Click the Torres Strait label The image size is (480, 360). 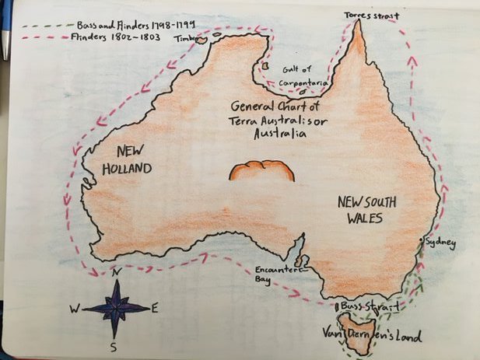point(372,15)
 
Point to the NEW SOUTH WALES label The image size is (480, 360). point(368,210)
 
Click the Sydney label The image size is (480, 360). point(440,243)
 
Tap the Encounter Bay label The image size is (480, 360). point(272,275)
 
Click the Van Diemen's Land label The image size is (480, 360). point(373,337)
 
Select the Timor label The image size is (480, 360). point(185,37)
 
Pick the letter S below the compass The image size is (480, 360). point(114,346)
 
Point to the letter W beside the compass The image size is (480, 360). point(75,309)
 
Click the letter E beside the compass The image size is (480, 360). point(155,308)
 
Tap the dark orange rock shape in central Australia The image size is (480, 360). point(262,170)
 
